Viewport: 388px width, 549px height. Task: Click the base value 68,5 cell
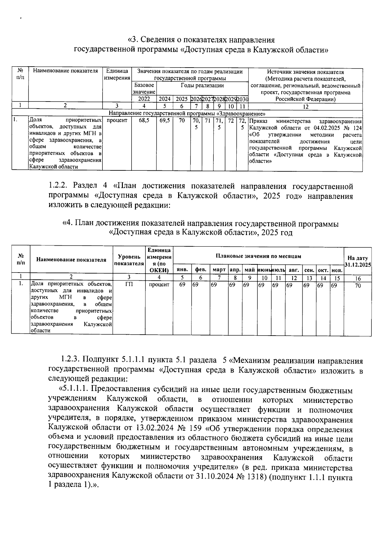(x=144, y=121)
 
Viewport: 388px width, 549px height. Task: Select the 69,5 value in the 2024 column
(x=165, y=121)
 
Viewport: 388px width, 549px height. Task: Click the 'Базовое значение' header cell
(x=144, y=89)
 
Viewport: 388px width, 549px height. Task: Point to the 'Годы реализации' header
(x=202, y=86)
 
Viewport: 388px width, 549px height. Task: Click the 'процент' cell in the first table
(x=117, y=121)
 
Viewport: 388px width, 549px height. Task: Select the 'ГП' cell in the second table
(x=129, y=285)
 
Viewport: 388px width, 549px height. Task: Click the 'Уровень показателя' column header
(x=129, y=260)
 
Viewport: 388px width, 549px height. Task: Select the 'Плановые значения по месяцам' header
(x=258, y=256)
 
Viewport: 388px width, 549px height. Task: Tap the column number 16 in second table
(x=358, y=278)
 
